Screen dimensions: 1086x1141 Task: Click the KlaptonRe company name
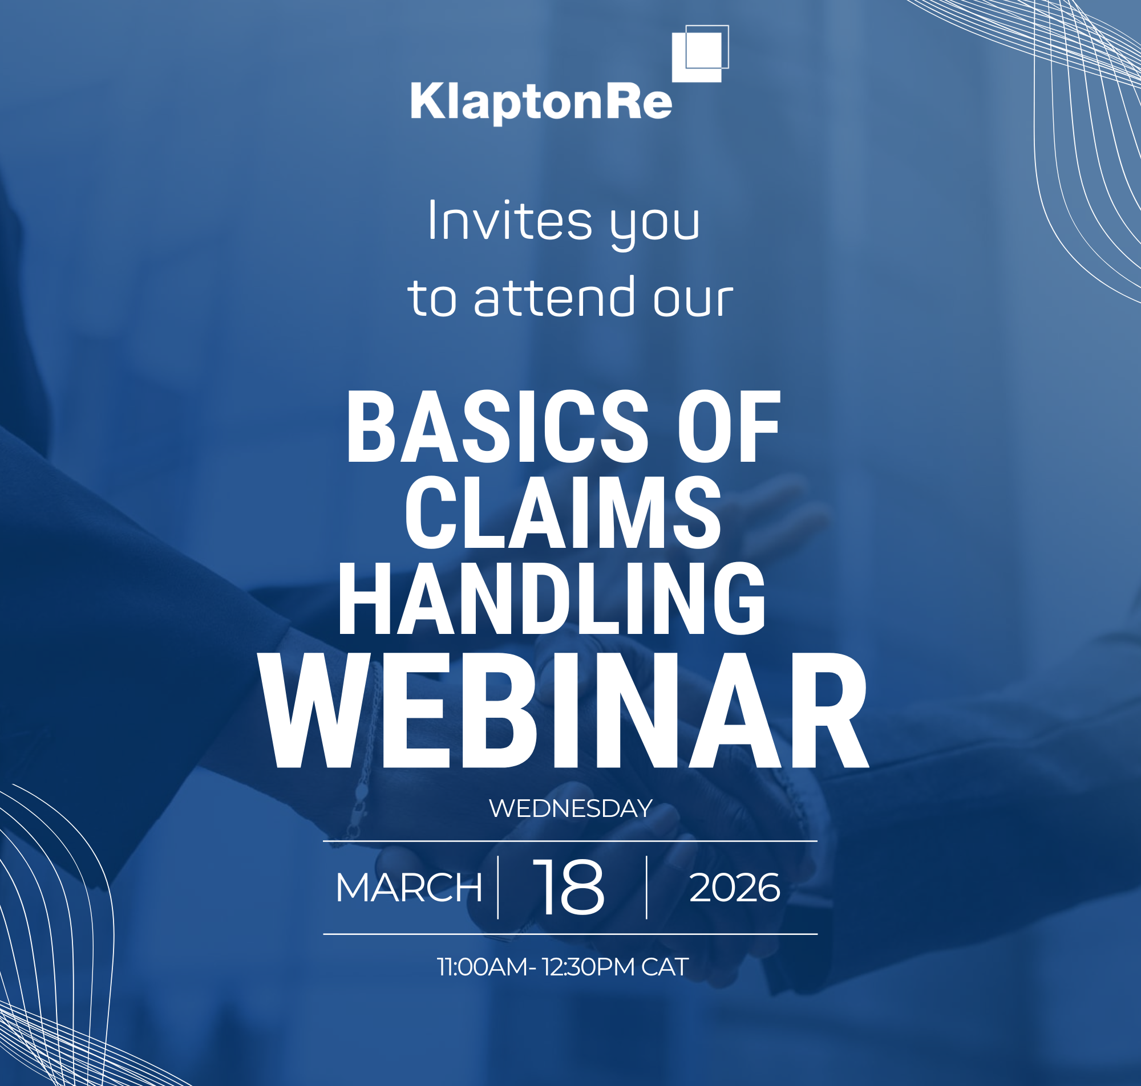point(541,102)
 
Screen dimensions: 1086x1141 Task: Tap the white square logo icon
point(699,54)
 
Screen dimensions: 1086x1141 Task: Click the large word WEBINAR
point(563,712)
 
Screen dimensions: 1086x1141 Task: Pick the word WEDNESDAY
point(570,809)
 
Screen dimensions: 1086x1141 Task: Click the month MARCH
point(408,888)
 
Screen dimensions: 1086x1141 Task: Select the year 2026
point(734,888)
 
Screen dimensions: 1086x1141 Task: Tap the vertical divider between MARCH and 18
point(498,887)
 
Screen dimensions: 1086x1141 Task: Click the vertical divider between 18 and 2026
point(646,887)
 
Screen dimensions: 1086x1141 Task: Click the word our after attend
point(693,299)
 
